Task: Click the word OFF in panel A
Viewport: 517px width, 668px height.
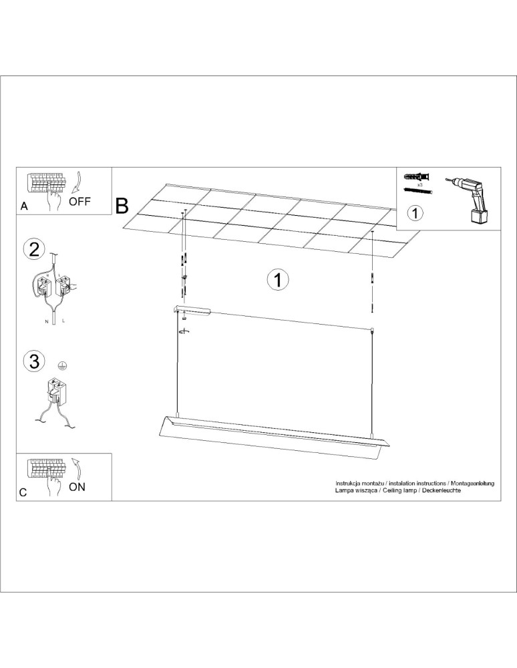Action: (x=80, y=202)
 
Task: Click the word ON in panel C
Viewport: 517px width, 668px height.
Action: (x=77, y=486)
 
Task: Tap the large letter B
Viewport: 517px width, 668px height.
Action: (x=122, y=206)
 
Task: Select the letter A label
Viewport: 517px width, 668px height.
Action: (x=24, y=206)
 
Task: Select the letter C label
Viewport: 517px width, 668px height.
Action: (x=23, y=492)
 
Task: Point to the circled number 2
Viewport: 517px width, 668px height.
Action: (x=34, y=249)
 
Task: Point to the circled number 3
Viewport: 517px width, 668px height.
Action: (x=34, y=361)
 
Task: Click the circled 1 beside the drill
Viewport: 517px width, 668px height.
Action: (x=415, y=212)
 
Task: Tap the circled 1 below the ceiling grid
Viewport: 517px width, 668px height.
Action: (x=278, y=280)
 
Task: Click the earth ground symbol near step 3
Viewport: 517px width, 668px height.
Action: (x=63, y=365)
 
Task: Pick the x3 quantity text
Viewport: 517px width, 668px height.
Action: (x=419, y=185)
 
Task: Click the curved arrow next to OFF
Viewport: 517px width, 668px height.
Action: (x=77, y=183)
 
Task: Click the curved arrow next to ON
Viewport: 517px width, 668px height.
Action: (x=78, y=469)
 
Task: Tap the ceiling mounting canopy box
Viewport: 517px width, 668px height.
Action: (x=192, y=311)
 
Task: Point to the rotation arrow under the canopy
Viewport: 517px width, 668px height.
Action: (x=184, y=331)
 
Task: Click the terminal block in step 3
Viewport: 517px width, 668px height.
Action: (x=57, y=390)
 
